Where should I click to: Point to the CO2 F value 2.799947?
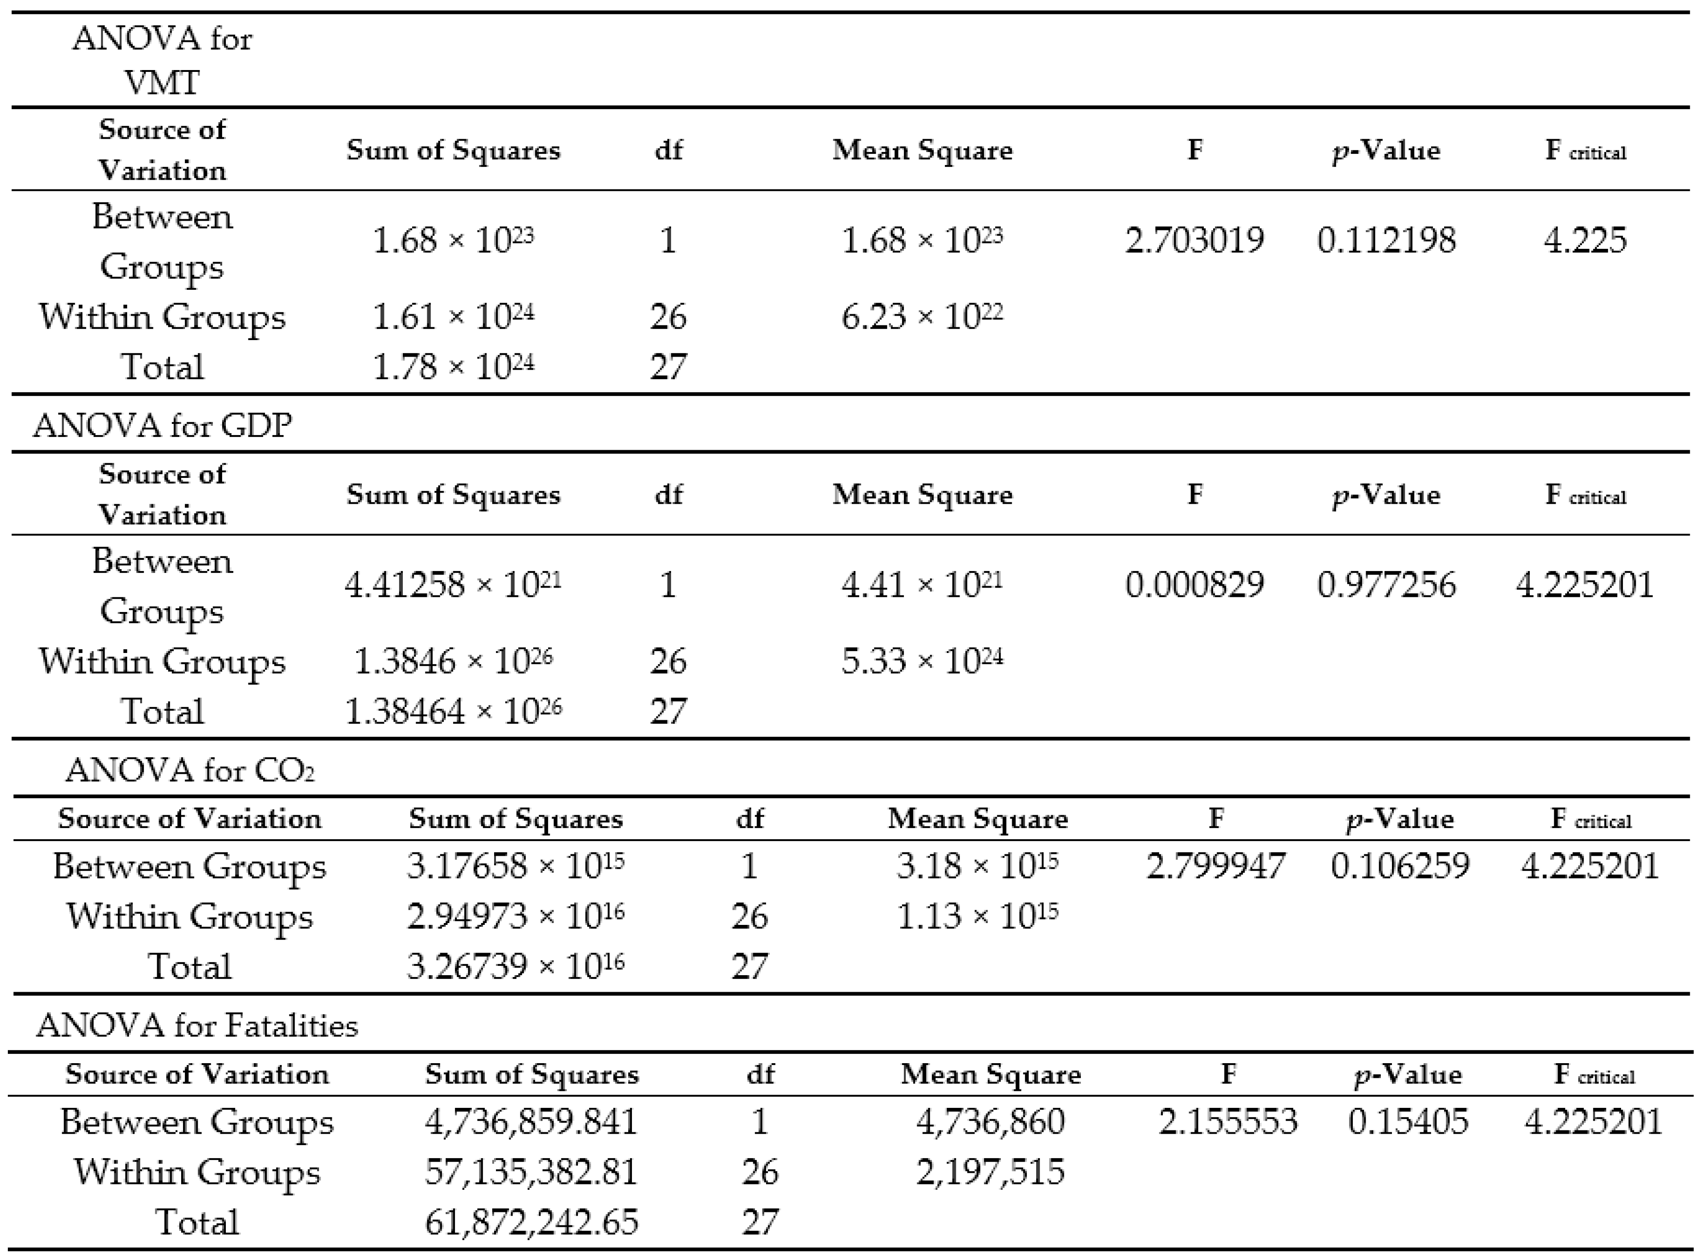point(1215,866)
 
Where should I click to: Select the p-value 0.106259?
point(1400,866)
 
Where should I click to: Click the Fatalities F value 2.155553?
point(1228,1122)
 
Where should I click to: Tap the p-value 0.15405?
point(1408,1122)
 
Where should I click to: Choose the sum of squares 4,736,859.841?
point(531,1122)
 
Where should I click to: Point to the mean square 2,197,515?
point(990,1172)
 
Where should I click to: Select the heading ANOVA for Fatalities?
point(197,1026)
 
